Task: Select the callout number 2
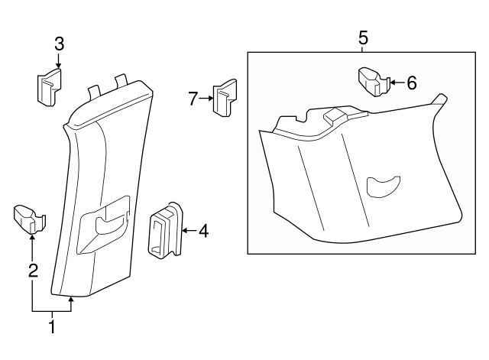pos(32,270)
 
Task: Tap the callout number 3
pos(59,43)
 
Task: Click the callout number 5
pos(362,36)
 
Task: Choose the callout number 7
pos(194,98)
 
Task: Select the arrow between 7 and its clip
pos(208,98)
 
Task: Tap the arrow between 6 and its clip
pos(397,83)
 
